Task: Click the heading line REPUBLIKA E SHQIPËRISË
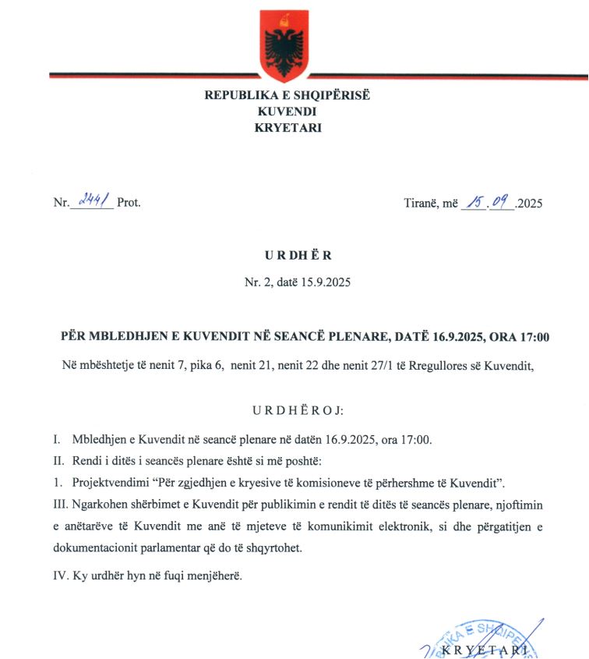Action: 287,96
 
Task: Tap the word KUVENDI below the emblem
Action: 287,112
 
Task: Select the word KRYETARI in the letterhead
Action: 287,128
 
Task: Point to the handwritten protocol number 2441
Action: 93,202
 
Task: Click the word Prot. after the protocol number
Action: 129,204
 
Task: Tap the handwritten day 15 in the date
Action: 473,203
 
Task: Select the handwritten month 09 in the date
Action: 500,203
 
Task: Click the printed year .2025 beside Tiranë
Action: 528,204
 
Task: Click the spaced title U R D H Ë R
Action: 287,256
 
